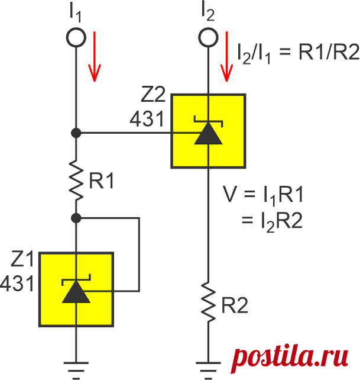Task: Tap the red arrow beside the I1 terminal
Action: [95, 56]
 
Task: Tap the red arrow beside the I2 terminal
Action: [226, 56]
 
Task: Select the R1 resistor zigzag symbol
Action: [76, 180]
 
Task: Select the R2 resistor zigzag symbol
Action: [208, 302]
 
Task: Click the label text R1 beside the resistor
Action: [102, 181]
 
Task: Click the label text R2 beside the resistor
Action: [235, 305]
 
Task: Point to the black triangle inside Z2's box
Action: [208, 134]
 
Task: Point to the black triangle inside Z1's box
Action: [76, 292]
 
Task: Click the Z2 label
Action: [153, 94]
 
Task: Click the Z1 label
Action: [22, 259]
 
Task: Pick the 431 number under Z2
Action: [147, 119]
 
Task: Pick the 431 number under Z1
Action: [17, 284]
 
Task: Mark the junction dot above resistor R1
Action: [76, 133]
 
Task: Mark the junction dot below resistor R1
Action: [76, 218]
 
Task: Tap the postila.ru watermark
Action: [290, 358]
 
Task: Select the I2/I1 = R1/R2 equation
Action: [299, 53]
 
